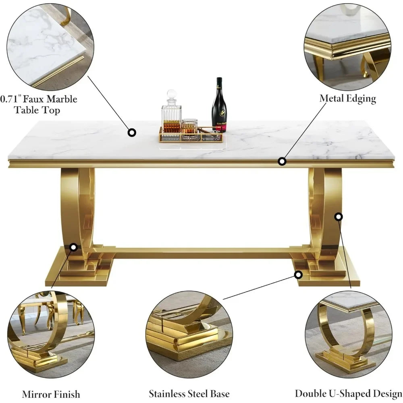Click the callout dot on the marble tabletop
132,132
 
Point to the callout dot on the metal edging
282,161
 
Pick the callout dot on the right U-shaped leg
339,217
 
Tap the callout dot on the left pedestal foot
73,247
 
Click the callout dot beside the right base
298,275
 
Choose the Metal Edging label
348,98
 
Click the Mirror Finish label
51,394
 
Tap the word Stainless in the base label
168,394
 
